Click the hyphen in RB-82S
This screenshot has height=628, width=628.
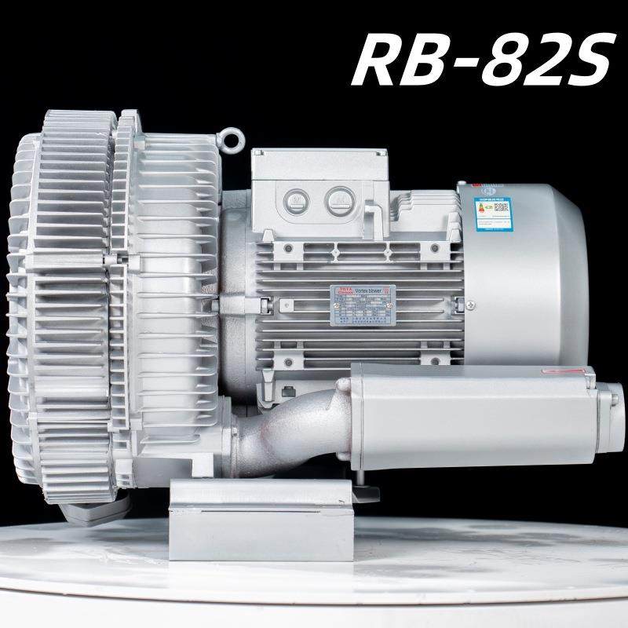click(469, 60)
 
